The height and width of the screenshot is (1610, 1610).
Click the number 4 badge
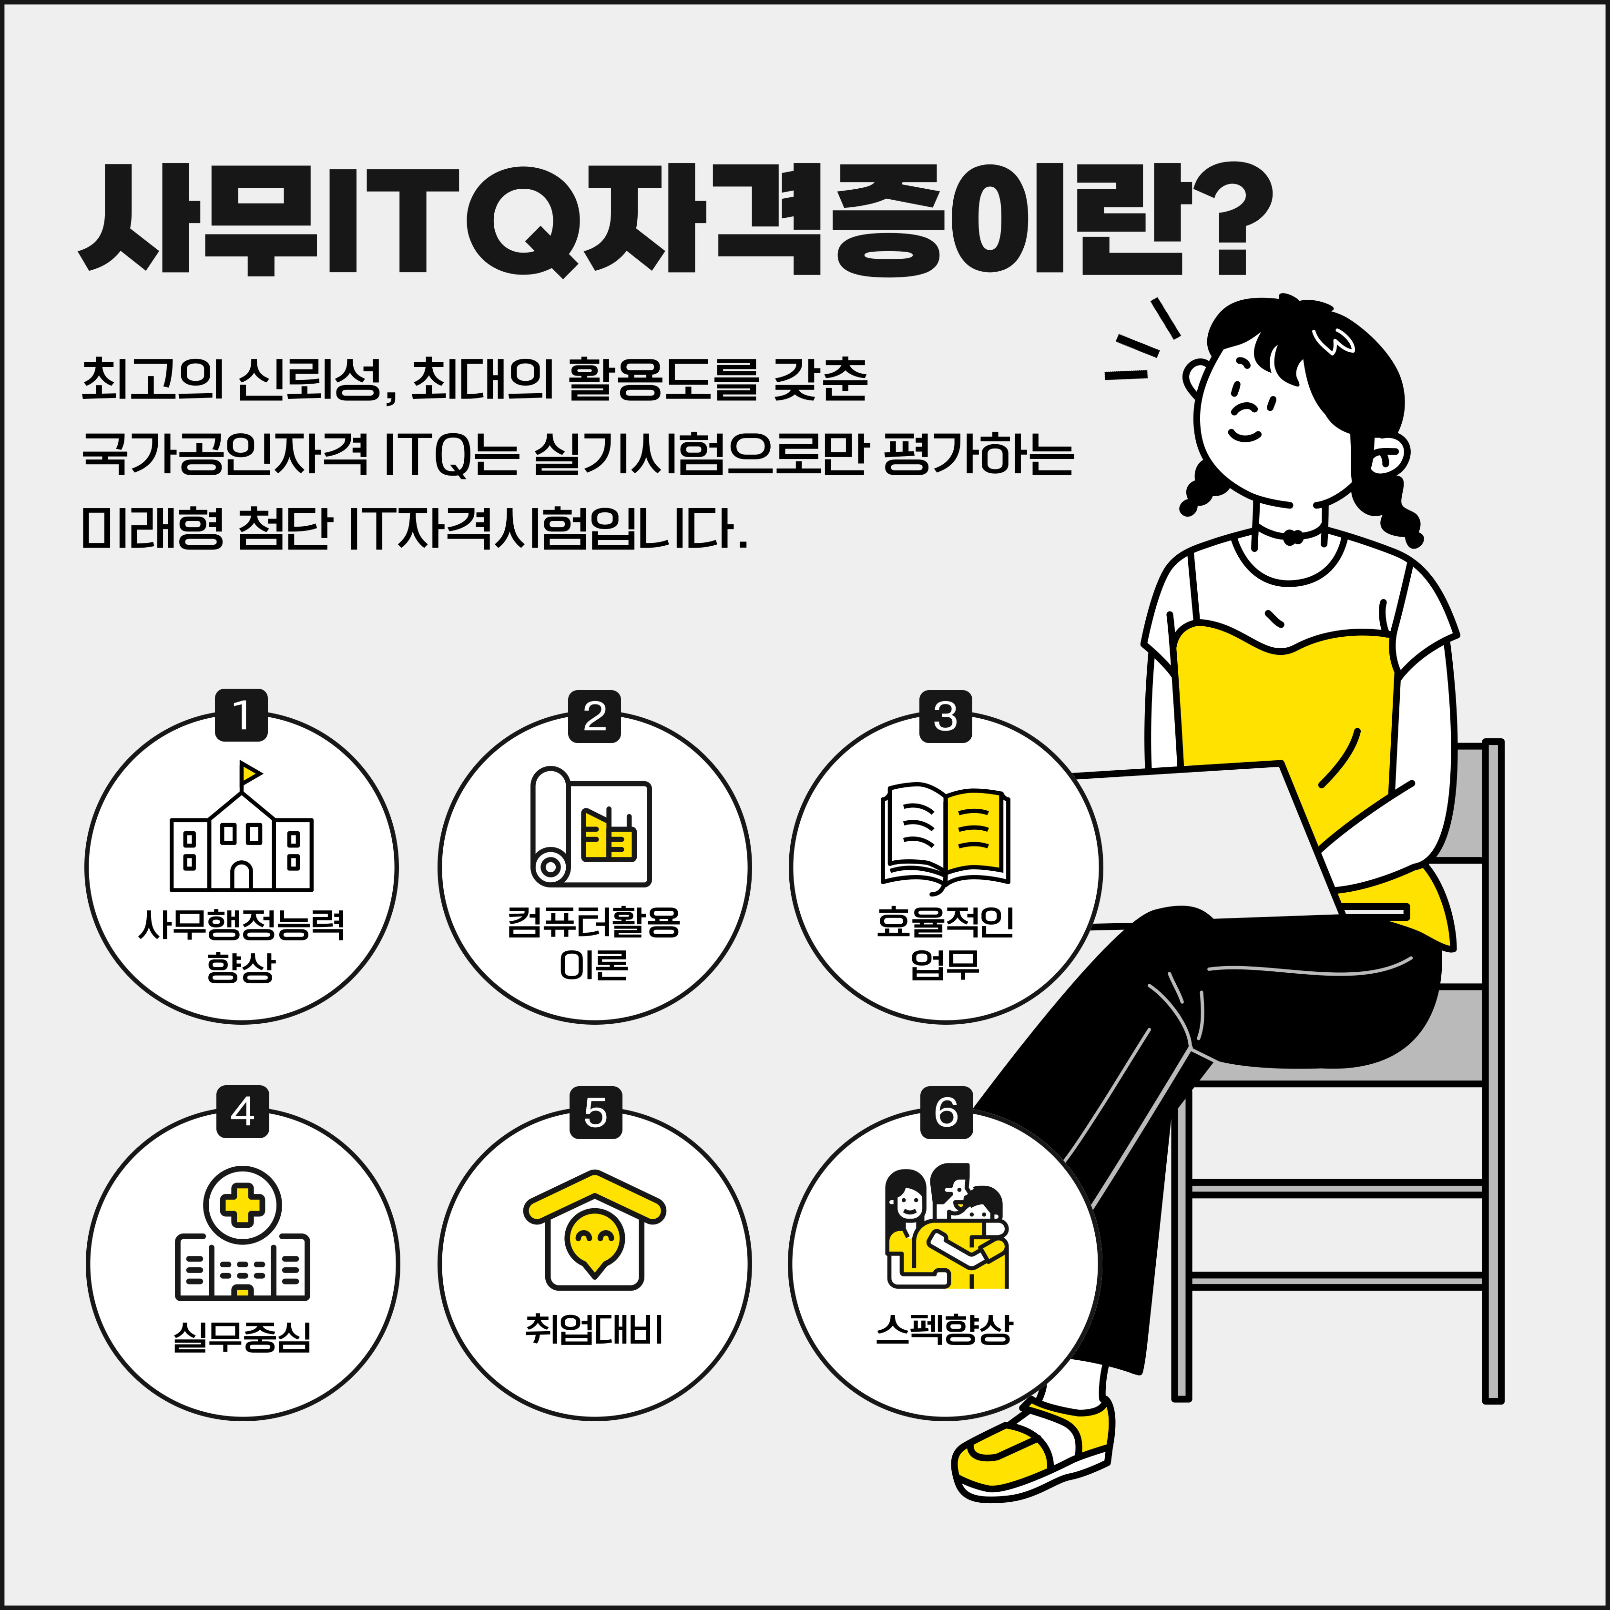pyautogui.click(x=243, y=1111)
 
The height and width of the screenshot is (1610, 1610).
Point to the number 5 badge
pyautogui.click(x=595, y=1111)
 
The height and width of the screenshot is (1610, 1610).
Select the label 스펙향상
pyautogui.click(x=945, y=1329)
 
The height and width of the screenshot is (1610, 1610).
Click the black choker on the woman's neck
pyautogui.click(x=1290, y=533)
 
